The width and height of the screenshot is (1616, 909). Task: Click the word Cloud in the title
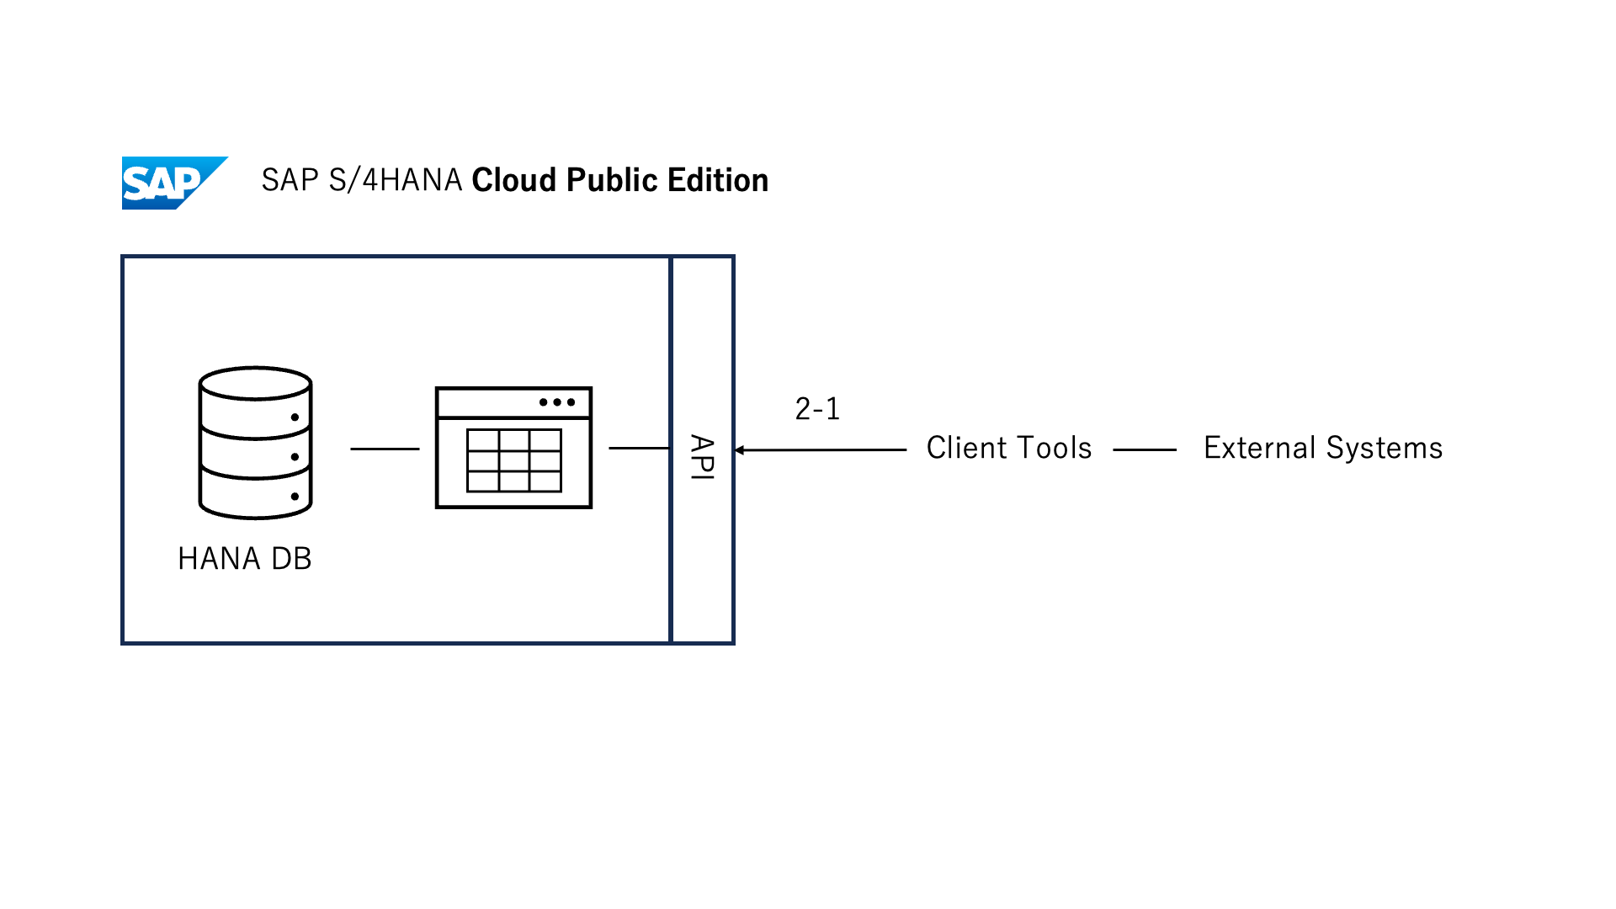pos(513,180)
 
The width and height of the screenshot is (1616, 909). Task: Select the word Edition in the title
pos(717,180)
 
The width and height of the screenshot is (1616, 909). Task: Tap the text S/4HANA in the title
pos(396,180)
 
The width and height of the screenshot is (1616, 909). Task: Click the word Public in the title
pos(611,180)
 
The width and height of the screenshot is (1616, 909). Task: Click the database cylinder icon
pos(256,444)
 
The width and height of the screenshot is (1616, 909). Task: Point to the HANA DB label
pos(244,559)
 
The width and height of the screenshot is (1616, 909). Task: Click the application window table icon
pos(513,448)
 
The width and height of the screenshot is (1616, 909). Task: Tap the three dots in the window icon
pos(557,402)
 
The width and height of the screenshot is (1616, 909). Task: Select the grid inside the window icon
pos(513,460)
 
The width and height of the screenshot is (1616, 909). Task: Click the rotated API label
pos(702,457)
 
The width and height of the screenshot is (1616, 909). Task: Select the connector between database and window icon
pos(385,449)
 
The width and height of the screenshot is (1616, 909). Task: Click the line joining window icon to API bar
pos(639,448)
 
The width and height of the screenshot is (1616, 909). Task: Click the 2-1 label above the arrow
pos(817,409)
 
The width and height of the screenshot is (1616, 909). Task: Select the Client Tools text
pos(1008,448)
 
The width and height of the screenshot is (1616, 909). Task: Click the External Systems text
pos(1322,448)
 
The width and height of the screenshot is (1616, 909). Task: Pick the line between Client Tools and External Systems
pos(1145,449)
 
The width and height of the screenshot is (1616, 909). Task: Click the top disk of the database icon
pos(256,383)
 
